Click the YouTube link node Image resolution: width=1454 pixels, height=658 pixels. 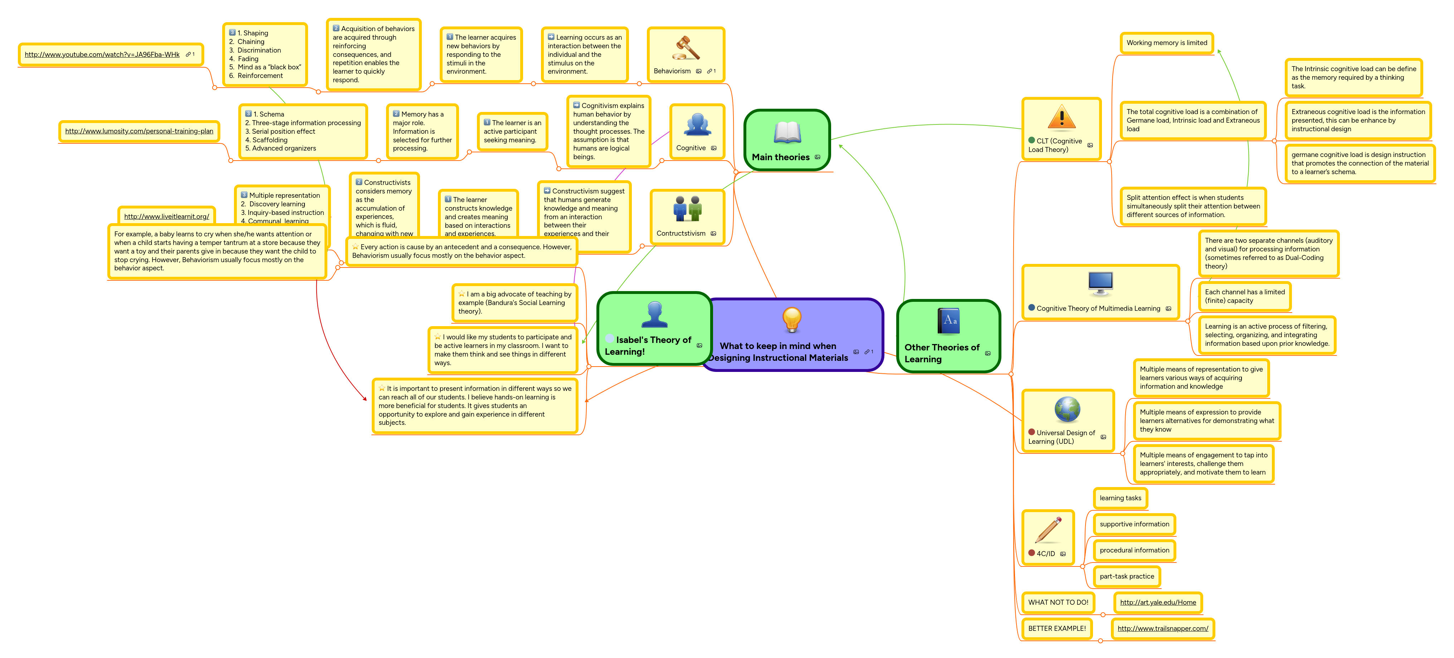point(102,55)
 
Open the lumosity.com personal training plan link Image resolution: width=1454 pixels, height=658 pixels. point(139,132)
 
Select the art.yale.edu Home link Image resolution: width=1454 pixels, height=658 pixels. point(1158,602)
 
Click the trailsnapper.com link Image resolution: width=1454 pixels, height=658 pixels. point(1163,629)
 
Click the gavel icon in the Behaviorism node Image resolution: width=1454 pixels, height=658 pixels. point(686,49)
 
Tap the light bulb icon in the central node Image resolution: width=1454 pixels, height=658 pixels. point(791,319)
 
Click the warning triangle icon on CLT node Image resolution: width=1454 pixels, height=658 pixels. point(1061,117)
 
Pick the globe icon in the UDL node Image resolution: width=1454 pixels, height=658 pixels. point(1067,409)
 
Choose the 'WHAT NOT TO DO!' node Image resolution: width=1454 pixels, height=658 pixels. point(1058,602)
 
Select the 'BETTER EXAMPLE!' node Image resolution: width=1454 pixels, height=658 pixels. point(1057,629)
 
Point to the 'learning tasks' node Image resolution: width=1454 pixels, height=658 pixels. point(1120,498)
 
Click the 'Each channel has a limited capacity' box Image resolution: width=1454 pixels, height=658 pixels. point(1245,296)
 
